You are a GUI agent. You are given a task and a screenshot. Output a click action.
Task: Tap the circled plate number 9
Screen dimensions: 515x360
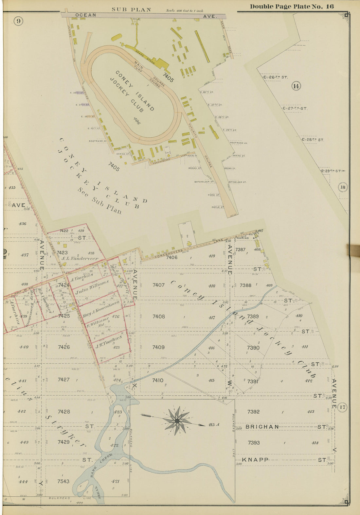[x=19, y=21]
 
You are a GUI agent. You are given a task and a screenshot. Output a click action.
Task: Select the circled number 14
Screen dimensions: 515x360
[x=296, y=86]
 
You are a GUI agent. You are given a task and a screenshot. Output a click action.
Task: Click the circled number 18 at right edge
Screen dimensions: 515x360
[x=343, y=187]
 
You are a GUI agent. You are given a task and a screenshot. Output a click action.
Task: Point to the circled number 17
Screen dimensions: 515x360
[x=342, y=407]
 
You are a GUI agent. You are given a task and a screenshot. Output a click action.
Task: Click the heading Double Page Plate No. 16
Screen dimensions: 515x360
[x=292, y=7]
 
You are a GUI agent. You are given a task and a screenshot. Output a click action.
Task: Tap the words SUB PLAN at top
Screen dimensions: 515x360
[x=131, y=9]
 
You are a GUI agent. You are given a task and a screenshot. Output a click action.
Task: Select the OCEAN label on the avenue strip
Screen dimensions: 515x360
[x=86, y=15]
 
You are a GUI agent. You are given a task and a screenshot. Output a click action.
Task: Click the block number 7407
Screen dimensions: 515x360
[x=158, y=285]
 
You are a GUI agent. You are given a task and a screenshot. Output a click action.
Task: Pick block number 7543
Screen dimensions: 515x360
[x=63, y=481]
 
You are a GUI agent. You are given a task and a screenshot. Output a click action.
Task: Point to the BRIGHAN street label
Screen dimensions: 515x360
[x=262, y=427]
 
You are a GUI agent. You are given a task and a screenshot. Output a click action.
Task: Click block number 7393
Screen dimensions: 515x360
[x=254, y=443]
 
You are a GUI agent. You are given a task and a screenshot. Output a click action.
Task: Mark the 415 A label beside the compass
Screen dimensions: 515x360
[x=213, y=425]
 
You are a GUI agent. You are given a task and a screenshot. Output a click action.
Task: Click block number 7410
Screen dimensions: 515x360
[x=158, y=380]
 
